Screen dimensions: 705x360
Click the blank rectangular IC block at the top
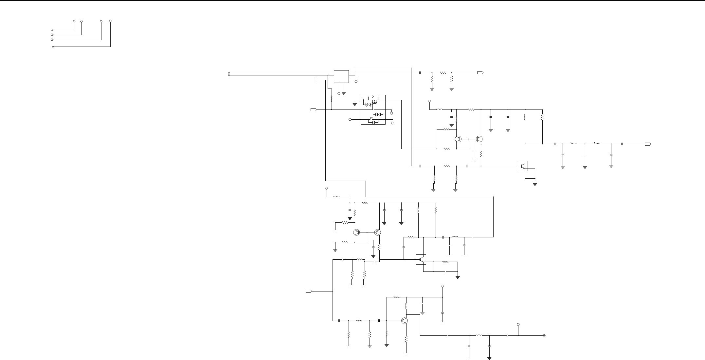point(341,76)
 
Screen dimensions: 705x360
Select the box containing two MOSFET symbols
point(373,110)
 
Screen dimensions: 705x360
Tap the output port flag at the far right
point(648,144)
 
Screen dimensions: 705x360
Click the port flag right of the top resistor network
point(480,73)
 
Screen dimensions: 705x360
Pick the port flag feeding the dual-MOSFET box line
point(313,110)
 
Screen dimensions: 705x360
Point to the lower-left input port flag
point(308,291)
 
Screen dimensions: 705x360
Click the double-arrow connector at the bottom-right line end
point(544,335)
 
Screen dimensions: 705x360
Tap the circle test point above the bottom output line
point(518,325)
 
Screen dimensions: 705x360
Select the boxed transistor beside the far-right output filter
point(523,166)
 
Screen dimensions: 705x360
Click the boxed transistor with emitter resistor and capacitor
point(421,260)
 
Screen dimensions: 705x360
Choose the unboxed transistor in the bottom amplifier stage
point(405,321)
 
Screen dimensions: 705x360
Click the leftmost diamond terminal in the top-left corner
point(74,21)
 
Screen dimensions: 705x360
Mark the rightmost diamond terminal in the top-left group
point(110,21)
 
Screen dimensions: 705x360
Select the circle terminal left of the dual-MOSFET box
point(350,119)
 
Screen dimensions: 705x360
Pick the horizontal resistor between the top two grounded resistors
point(443,73)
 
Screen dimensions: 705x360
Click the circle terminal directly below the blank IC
point(339,94)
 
